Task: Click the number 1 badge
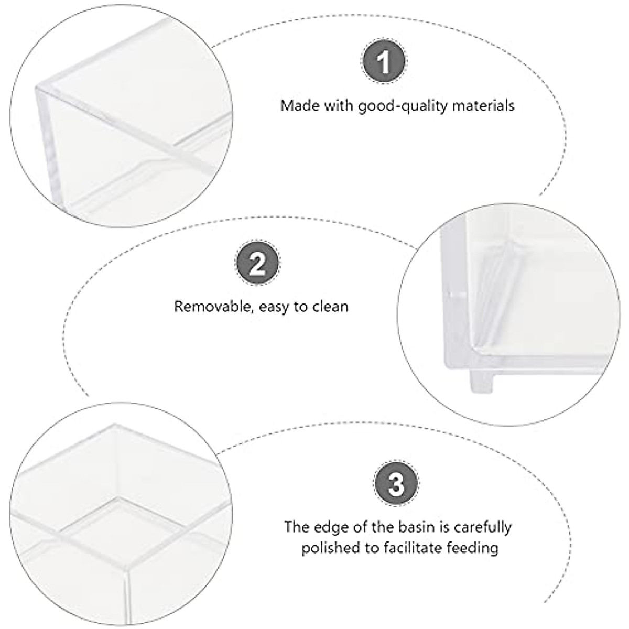384,63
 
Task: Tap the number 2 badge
257,264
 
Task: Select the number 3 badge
396,483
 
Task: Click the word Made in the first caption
297,105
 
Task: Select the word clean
329,306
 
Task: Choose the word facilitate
403,548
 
